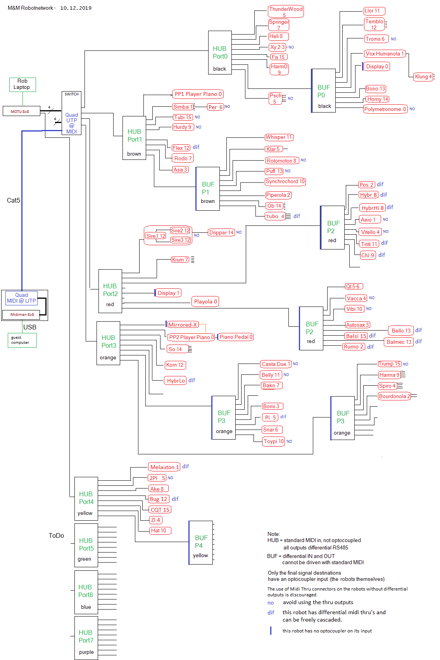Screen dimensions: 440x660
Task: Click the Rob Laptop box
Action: click(x=22, y=85)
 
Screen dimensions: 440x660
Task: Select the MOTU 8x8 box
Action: click(x=21, y=111)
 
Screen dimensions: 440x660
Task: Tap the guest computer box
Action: click(x=22, y=340)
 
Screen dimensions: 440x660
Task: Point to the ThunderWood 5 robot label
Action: click(x=286, y=12)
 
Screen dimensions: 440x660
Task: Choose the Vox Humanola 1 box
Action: click(x=385, y=54)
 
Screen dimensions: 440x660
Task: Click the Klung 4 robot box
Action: click(x=423, y=76)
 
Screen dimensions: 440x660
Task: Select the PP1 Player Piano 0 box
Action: click(x=198, y=94)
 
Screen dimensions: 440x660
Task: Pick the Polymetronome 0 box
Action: click(x=386, y=109)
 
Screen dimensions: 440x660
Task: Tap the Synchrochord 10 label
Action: click(x=285, y=182)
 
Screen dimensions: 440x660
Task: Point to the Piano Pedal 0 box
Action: click(x=236, y=337)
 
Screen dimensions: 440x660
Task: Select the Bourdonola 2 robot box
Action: click(x=394, y=396)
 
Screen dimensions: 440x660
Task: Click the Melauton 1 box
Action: click(x=164, y=467)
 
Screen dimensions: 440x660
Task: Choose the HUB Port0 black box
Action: click(x=220, y=52)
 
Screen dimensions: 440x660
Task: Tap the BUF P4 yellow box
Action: click(x=201, y=543)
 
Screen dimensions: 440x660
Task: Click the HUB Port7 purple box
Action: click(x=86, y=638)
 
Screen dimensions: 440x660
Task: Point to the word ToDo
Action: click(x=56, y=535)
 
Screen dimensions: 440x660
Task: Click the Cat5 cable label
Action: click(x=14, y=200)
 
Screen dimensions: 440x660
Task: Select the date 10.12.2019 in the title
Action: click(x=76, y=8)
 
